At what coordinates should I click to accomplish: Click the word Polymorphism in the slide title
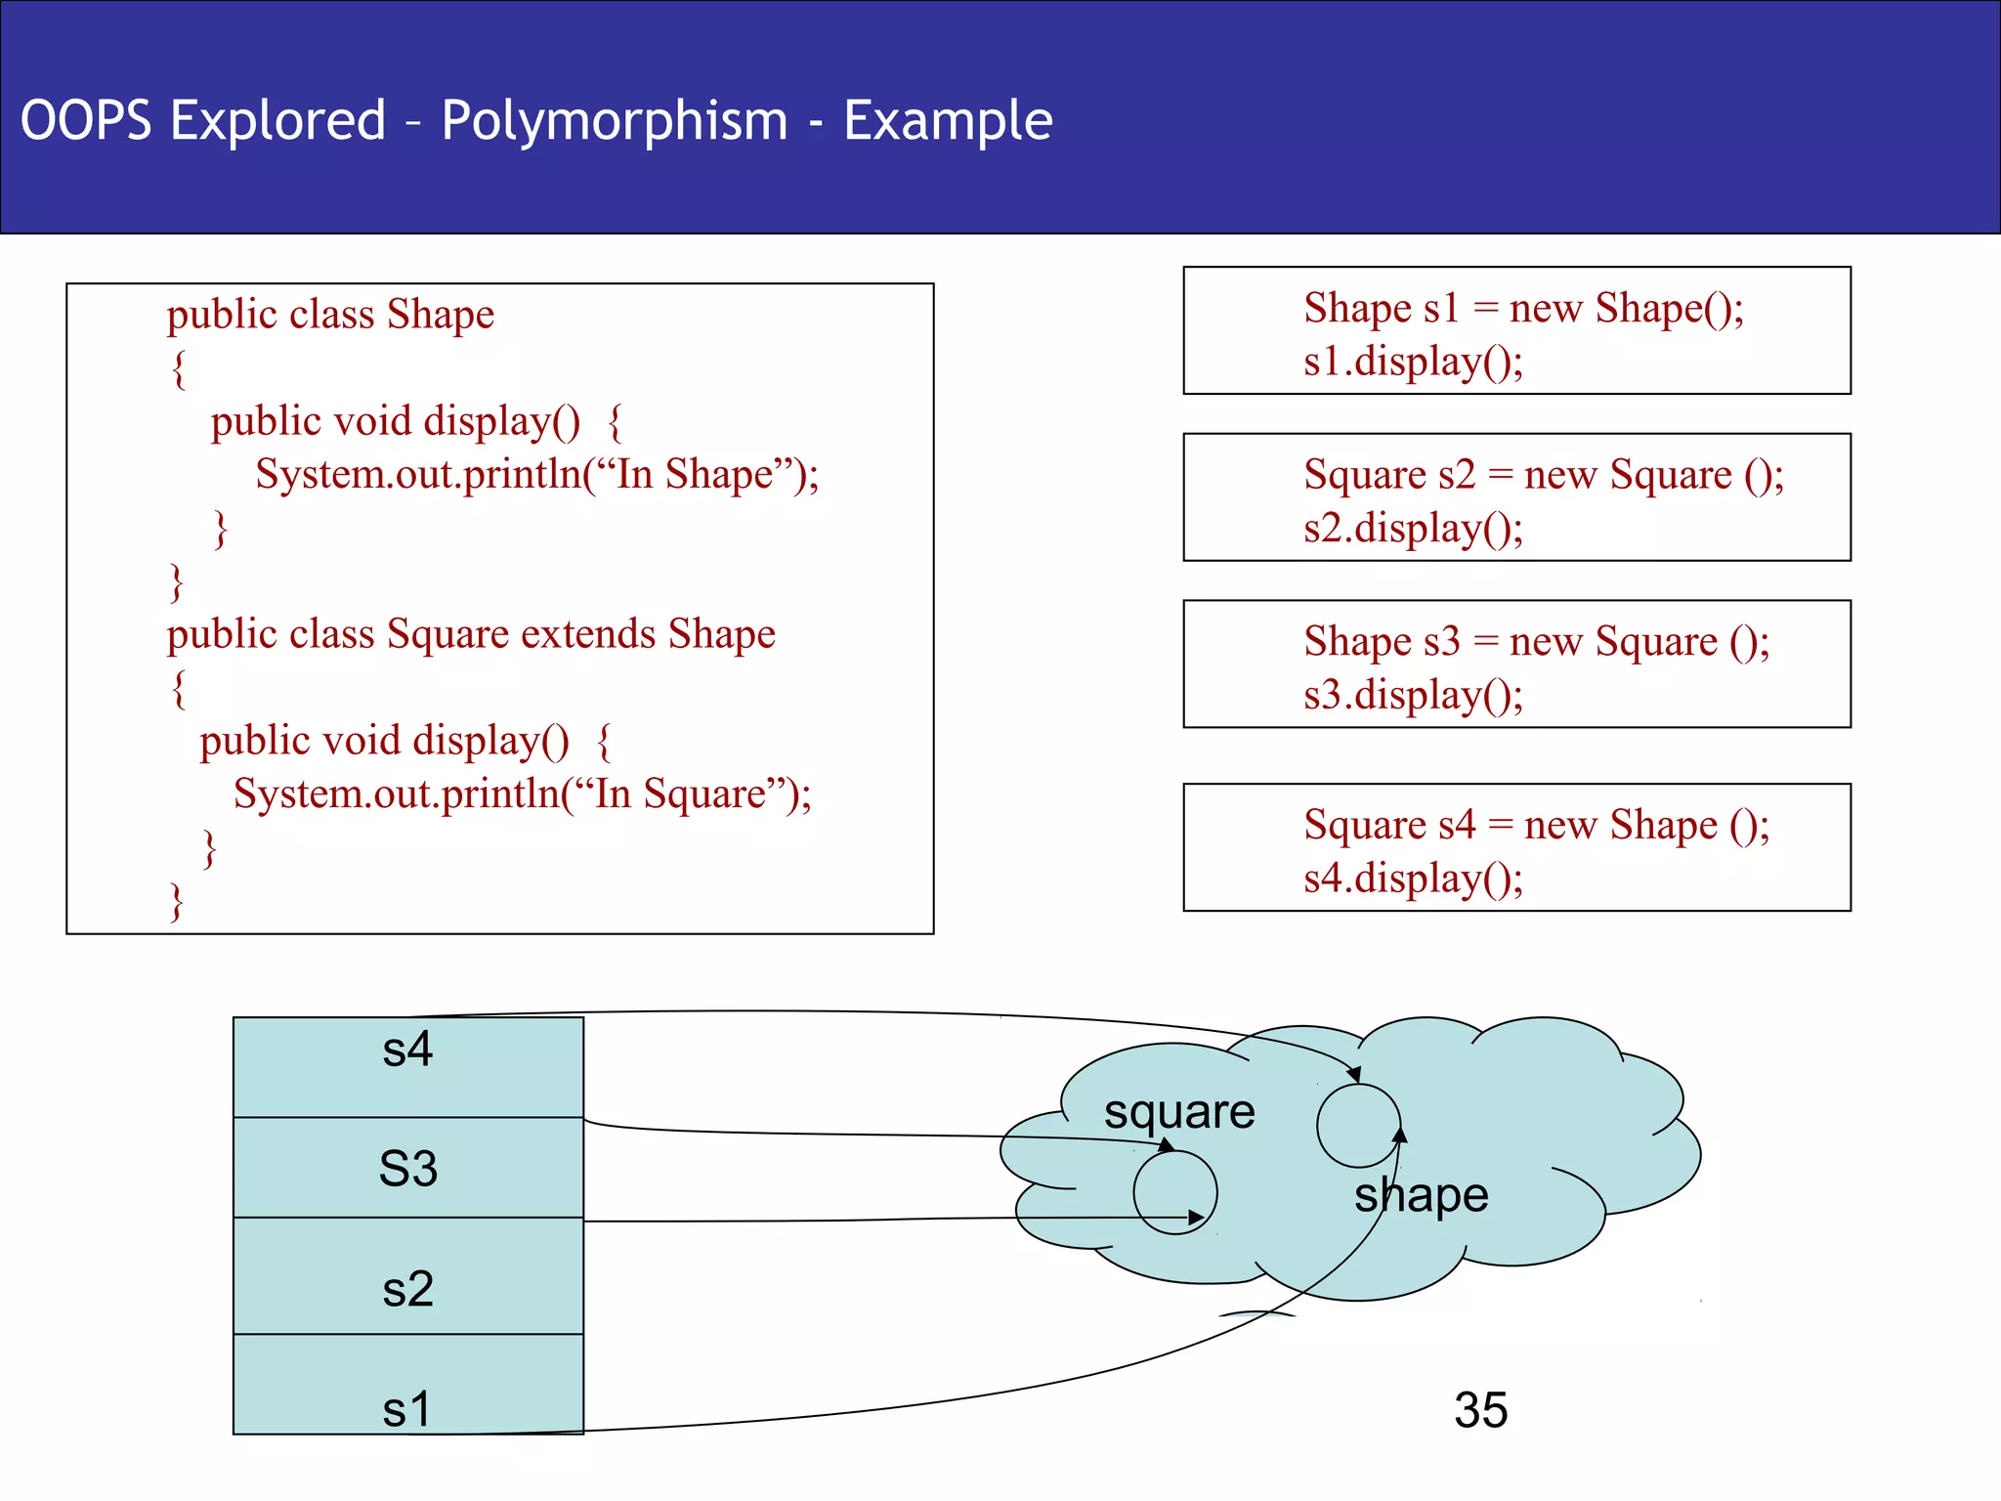tap(614, 121)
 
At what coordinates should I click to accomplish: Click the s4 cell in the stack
tap(407, 1066)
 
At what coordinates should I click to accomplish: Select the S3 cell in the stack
tap(407, 1168)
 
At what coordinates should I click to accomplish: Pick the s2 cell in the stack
tap(407, 1276)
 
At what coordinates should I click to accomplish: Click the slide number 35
tap(1480, 1410)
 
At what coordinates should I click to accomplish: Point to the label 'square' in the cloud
tap(1179, 1112)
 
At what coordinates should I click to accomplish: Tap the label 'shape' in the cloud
tap(1421, 1195)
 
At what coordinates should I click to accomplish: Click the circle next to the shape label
tap(1358, 1126)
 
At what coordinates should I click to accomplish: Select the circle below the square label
tap(1174, 1192)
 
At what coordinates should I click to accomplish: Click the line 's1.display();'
tap(1413, 362)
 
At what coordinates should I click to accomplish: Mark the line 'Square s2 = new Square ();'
tap(1544, 475)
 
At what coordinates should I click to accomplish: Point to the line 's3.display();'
tap(1413, 695)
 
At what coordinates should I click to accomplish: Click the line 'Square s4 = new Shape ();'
tap(1536, 825)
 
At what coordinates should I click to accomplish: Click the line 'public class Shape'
tap(330, 315)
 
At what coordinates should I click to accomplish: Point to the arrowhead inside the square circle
tap(1197, 1218)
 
